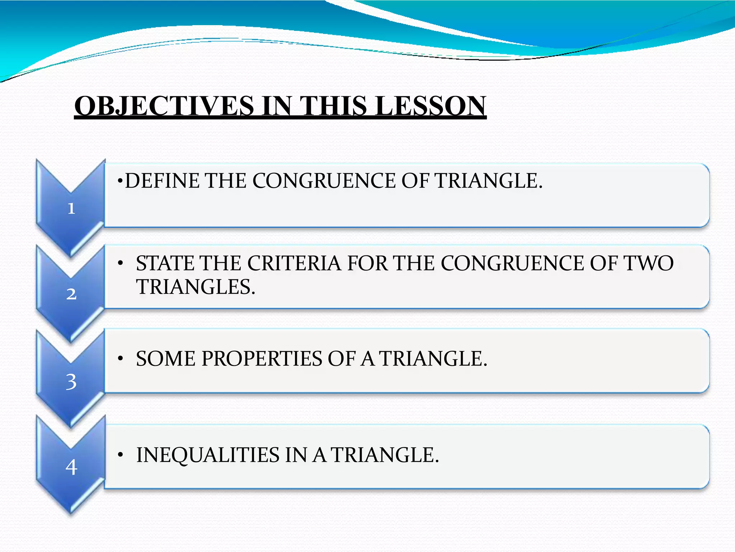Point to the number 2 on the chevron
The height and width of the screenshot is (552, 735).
pyautogui.click(x=71, y=294)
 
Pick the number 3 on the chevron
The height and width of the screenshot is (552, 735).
pyautogui.click(x=71, y=381)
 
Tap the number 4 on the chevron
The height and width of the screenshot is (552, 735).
pyautogui.click(x=71, y=467)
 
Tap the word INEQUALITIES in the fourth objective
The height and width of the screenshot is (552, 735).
pyautogui.click(x=208, y=455)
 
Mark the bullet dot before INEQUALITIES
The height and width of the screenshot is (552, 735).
pyautogui.click(x=121, y=455)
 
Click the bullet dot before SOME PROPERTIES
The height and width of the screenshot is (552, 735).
pyautogui.click(x=121, y=359)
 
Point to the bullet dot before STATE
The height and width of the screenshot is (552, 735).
pyautogui.click(x=121, y=264)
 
